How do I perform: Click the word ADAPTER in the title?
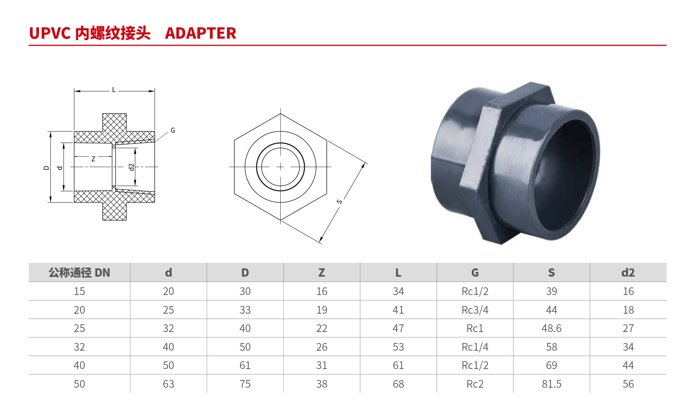pos(200,33)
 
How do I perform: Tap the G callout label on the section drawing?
pos(173,130)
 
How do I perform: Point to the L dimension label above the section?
pos(114,90)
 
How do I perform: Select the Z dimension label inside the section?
pos(93,159)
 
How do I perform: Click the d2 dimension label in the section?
pos(131,167)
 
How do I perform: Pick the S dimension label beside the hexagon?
pos(339,202)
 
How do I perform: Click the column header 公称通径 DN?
pos(79,273)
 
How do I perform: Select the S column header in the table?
pos(552,273)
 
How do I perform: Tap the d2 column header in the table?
pos(628,273)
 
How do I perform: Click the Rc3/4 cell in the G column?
pos(475,310)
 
